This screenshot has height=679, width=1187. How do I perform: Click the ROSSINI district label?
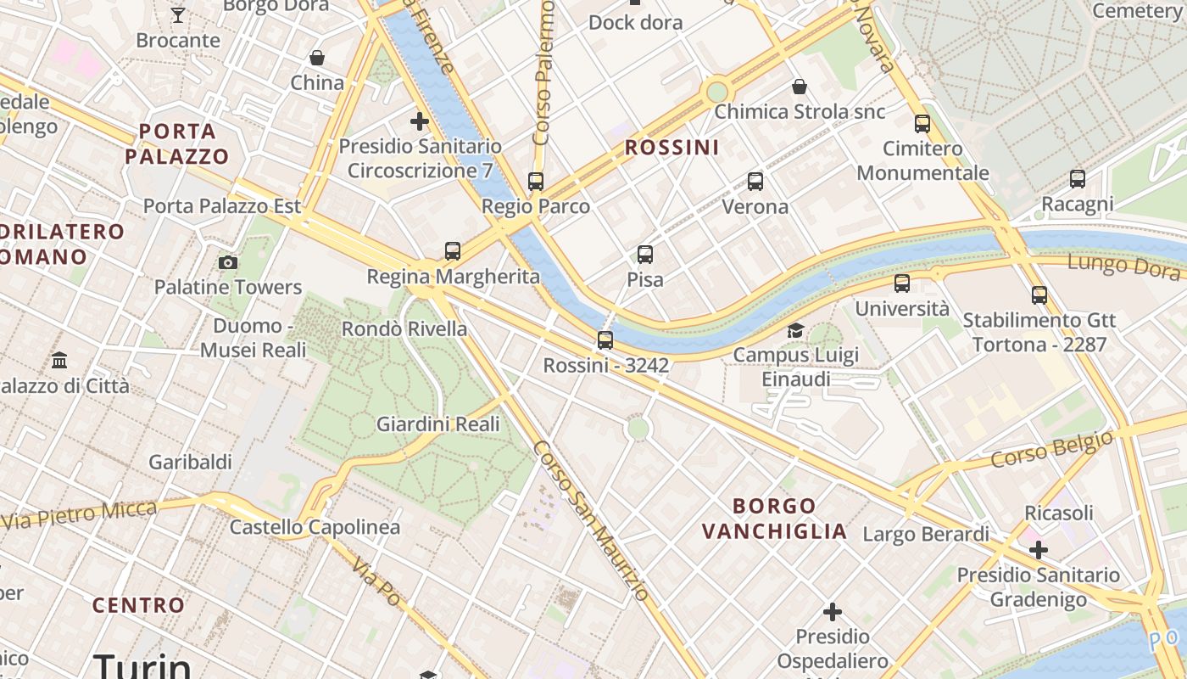click(x=672, y=148)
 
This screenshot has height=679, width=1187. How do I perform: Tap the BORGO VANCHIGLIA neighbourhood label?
click(x=774, y=519)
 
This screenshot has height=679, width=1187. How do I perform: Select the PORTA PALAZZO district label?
click(x=177, y=143)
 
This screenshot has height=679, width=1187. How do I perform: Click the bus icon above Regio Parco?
click(x=535, y=182)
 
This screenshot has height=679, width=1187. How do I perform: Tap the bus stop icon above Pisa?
click(x=644, y=255)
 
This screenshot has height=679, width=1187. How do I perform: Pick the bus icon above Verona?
click(x=755, y=182)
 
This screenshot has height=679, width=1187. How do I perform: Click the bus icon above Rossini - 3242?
click(x=605, y=340)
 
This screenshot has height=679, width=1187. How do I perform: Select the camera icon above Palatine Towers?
click(x=227, y=262)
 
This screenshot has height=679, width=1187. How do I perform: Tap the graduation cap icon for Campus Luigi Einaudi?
click(x=795, y=330)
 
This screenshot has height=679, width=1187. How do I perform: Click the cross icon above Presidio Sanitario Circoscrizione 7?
click(x=419, y=121)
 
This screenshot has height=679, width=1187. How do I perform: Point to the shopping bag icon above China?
click(x=316, y=58)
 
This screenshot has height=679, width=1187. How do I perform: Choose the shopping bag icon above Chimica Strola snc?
click(x=799, y=87)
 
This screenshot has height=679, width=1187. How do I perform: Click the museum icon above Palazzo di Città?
click(x=59, y=361)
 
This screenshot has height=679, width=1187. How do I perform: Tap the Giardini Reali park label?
click(x=437, y=424)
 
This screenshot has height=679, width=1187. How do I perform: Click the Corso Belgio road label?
click(x=1051, y=449)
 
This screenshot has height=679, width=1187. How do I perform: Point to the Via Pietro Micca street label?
click(x=80, y=515)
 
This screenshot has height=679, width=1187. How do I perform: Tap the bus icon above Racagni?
click(x=1077, y=179)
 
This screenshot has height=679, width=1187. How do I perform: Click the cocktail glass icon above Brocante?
click(x=177, y=15)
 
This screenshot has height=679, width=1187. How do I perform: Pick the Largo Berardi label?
click(x=925, y=534)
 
